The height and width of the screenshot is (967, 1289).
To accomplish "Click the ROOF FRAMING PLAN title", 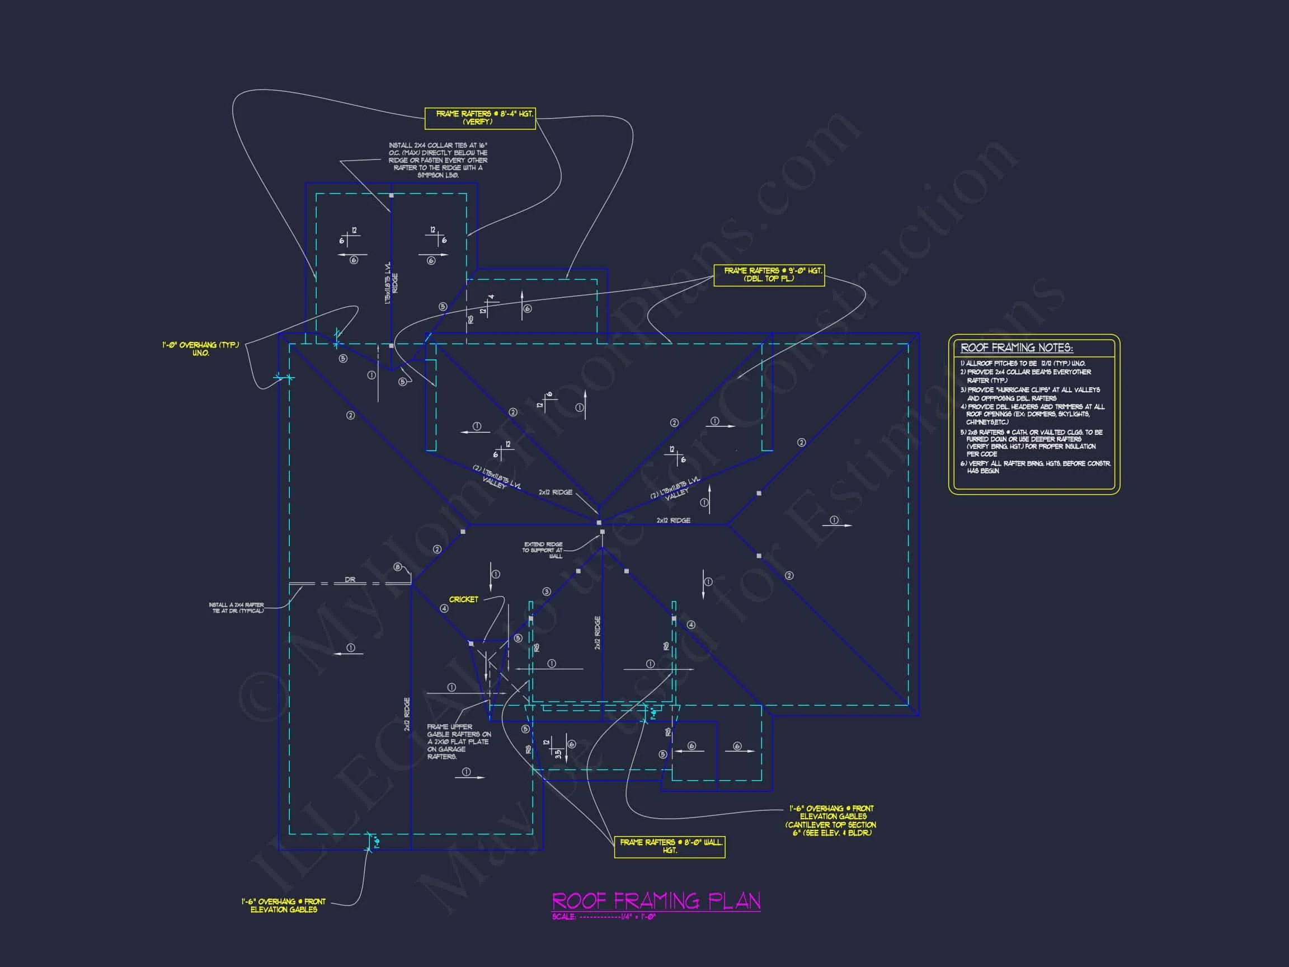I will click(x=656, y=900).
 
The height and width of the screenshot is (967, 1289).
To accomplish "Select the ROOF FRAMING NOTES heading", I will click(x=1017, y=348).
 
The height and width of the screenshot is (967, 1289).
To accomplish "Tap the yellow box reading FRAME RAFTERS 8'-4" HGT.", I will click(x=480, y=118).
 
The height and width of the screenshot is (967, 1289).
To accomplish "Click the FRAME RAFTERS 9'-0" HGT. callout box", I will click(x=769, y=275).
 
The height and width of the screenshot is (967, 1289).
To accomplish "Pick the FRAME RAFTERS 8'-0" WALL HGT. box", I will click(x=670, y=846).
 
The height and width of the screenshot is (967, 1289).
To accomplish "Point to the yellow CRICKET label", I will click(x=463, y=599).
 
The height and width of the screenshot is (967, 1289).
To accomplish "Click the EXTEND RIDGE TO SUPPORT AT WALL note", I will click(x=543, y=550).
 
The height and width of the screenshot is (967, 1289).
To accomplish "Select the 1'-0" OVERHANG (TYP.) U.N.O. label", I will click(x=200, y=349).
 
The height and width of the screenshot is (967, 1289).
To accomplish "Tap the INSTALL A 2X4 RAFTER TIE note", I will click(x=237, y=607).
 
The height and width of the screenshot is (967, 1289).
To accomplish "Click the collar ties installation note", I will click(x=437, y=159).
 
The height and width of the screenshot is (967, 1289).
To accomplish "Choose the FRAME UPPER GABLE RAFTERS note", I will click(x=459, y=741).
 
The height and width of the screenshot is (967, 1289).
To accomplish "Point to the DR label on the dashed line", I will click(x=350, y=579).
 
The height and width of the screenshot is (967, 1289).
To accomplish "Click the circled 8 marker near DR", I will click(x=398, y=567).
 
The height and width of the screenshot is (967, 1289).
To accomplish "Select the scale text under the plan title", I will click(x=604, y=917).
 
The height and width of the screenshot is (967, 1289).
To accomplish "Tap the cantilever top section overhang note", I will click(x=830, y=821).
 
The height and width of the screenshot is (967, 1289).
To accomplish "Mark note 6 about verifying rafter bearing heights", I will click(x=1036, y=467).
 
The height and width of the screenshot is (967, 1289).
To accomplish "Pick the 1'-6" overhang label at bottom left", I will click(x=284, y=905).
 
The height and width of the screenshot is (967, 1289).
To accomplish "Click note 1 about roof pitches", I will click(x=1023, y=363).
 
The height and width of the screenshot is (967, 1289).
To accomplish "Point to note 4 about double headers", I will click(x=1032, y=414).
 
